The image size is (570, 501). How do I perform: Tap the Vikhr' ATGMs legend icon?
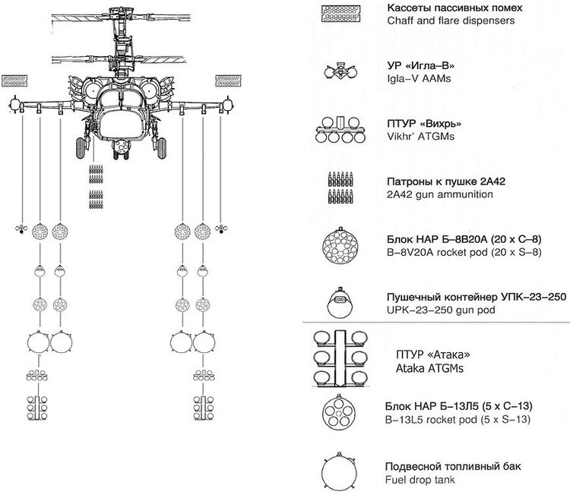tap(340, 130)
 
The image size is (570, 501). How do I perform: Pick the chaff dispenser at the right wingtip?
tap(227, 79)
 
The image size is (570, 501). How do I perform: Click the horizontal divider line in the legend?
tap(436, 323)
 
